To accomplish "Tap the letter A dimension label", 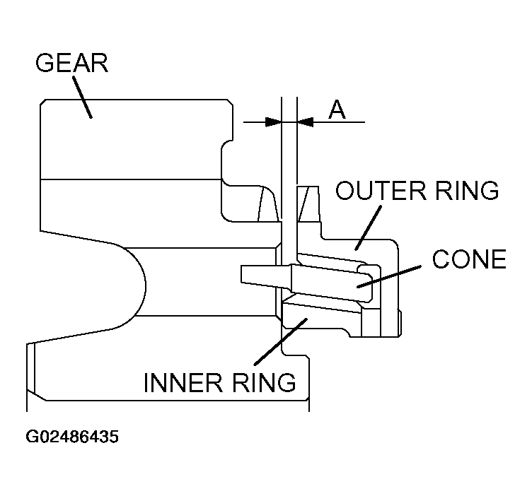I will pos(337,110).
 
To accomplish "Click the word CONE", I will pos(469,260).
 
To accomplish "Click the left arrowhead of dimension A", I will pos(273,122).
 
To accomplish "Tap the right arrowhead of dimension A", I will pos(305,122).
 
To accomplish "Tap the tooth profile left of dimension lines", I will pos(267,205).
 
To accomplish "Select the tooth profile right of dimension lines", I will pos(308,204).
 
